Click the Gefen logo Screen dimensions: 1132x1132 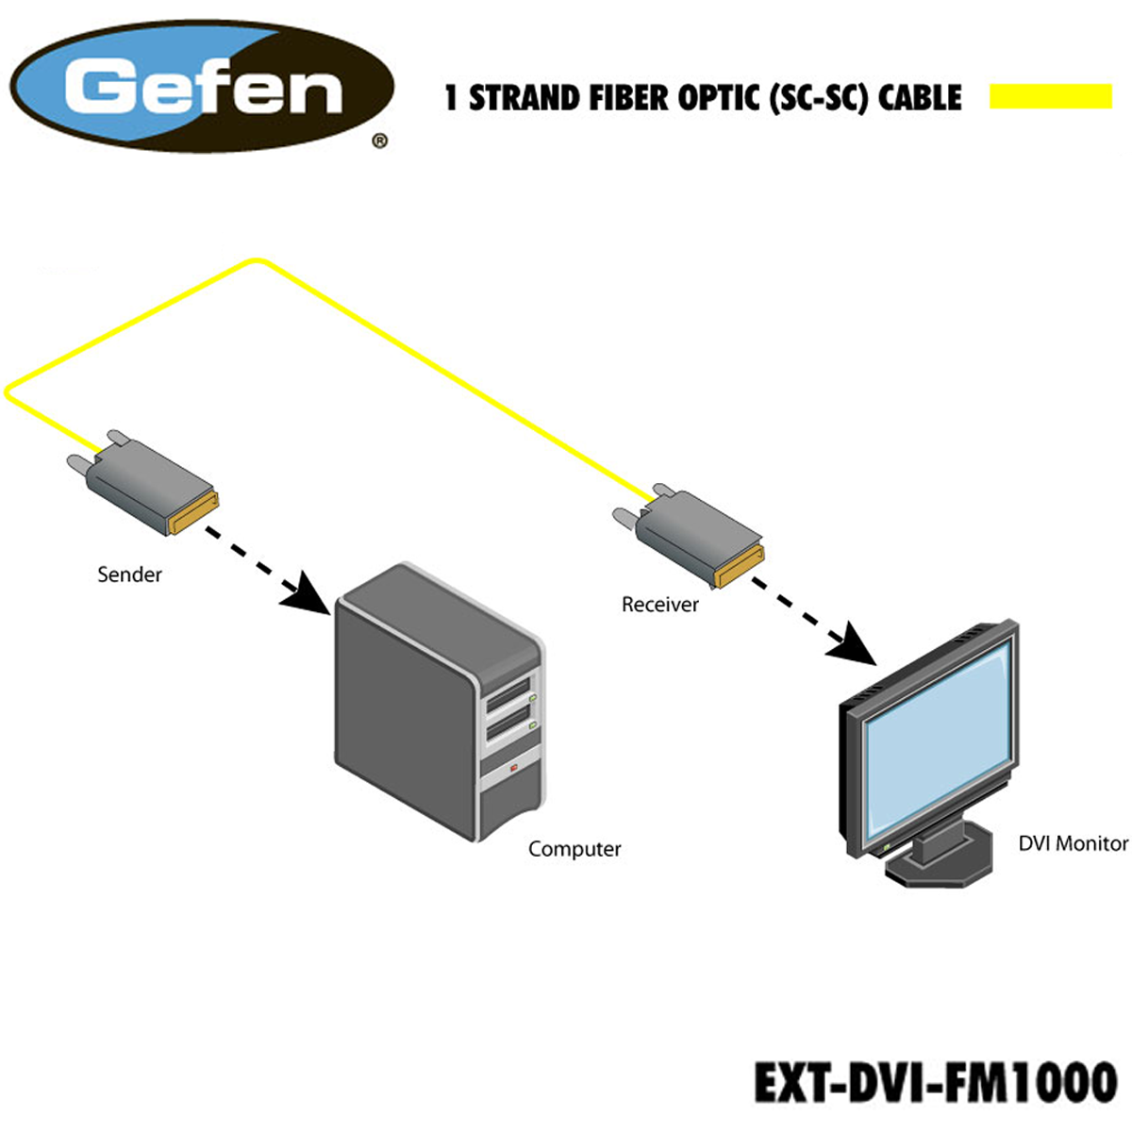202,87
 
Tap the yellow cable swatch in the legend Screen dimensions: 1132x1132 1050,96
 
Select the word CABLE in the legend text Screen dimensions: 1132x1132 920,97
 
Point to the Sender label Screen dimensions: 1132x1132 129,574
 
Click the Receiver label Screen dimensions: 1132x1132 660,605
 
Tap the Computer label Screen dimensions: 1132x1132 574,849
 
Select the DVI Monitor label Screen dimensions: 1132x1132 1074,844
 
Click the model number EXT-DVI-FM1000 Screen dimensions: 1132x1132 935,1082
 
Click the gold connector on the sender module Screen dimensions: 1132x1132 194,513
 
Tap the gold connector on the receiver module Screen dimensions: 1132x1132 739,566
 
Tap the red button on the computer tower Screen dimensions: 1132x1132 513,767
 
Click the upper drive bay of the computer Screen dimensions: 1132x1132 508,693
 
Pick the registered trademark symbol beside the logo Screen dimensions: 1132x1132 380,141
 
